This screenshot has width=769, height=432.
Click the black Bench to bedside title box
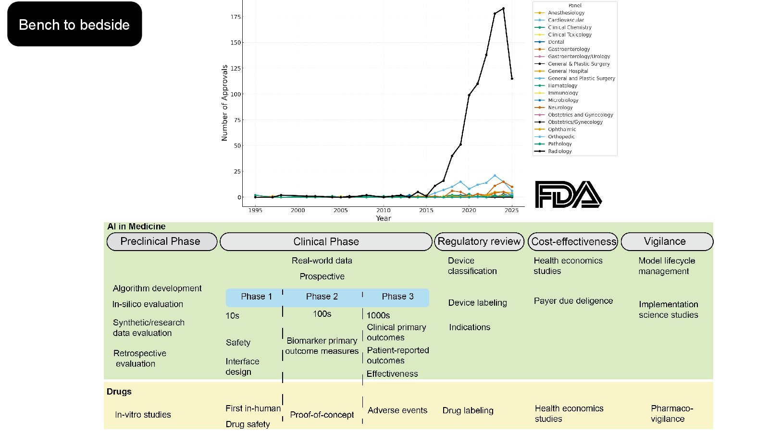[x=74, y=24]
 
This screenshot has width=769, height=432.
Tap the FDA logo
[x=568, y=194]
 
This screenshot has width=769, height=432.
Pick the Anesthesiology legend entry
[x=559, y=12]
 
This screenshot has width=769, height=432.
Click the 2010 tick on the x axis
[x=383, y=210]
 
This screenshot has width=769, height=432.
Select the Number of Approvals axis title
[x=224, y=103]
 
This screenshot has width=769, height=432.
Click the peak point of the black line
[x=503, y=9]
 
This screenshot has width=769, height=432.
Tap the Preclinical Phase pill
[x=161, y=241]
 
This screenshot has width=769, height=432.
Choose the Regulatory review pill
[x=479, y=241]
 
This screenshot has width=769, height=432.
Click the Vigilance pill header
[x=667, y=241]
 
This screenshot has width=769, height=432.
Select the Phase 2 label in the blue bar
[x=322, y=297]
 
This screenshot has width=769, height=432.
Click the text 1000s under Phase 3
[x=378, y=315]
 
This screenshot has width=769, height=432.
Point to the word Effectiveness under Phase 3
[x=392, y=374]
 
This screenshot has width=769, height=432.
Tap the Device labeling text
[x=478, y=303]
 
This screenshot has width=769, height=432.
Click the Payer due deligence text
[x=573, y=301]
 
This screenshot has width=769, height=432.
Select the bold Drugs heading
[x=119, y=392]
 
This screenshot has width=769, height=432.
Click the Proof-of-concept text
[x=322, y=415]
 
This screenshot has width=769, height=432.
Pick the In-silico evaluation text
[x=148, y=304]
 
